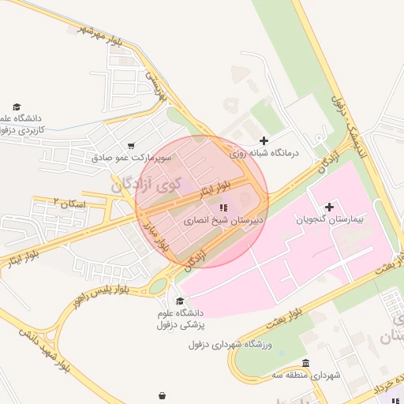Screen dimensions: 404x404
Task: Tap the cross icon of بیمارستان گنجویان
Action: [x=329, y=207]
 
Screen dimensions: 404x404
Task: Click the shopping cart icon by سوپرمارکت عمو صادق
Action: [x=130, y=145]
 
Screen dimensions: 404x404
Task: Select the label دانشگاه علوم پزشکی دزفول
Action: [x=181, y=320]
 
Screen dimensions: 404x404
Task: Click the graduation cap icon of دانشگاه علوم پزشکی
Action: [x=180, y=301]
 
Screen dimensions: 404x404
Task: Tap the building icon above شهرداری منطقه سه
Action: [x=305, y=363]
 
